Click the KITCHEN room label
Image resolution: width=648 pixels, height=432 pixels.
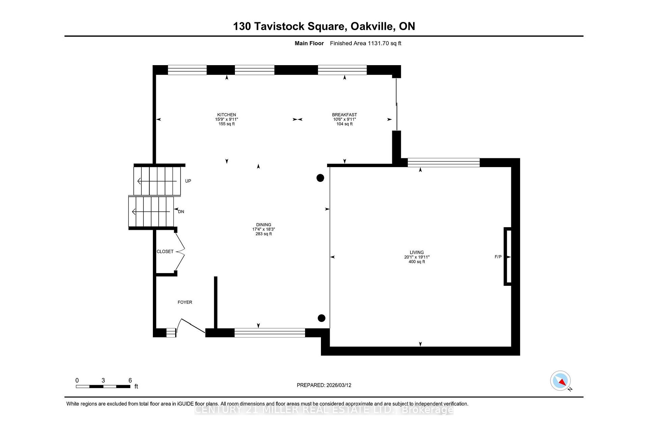click(226, 115)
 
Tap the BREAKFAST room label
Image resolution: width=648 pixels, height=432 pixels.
click(344, 115)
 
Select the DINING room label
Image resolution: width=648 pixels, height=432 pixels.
click(264, 225)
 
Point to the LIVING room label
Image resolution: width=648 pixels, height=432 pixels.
click(416, 252)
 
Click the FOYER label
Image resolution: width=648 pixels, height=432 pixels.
click(185, 302)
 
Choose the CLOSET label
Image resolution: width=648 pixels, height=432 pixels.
click(165, 252)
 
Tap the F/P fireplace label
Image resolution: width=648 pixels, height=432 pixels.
click(498, 257)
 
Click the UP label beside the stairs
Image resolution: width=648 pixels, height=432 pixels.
click(188, 181)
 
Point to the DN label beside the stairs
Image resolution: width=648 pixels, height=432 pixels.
click(181, 212)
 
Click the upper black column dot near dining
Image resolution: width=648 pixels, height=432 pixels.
click(320, 178)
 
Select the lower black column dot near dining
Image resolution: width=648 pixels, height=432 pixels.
click(321, 318)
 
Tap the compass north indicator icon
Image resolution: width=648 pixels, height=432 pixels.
click(561, 381)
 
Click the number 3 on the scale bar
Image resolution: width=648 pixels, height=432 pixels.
click(103, 380)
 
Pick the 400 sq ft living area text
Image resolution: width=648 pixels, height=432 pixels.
click(416, 262)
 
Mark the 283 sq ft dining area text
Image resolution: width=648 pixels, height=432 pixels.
click(264, 234)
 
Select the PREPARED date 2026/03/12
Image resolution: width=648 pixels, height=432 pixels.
click(339, 385)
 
